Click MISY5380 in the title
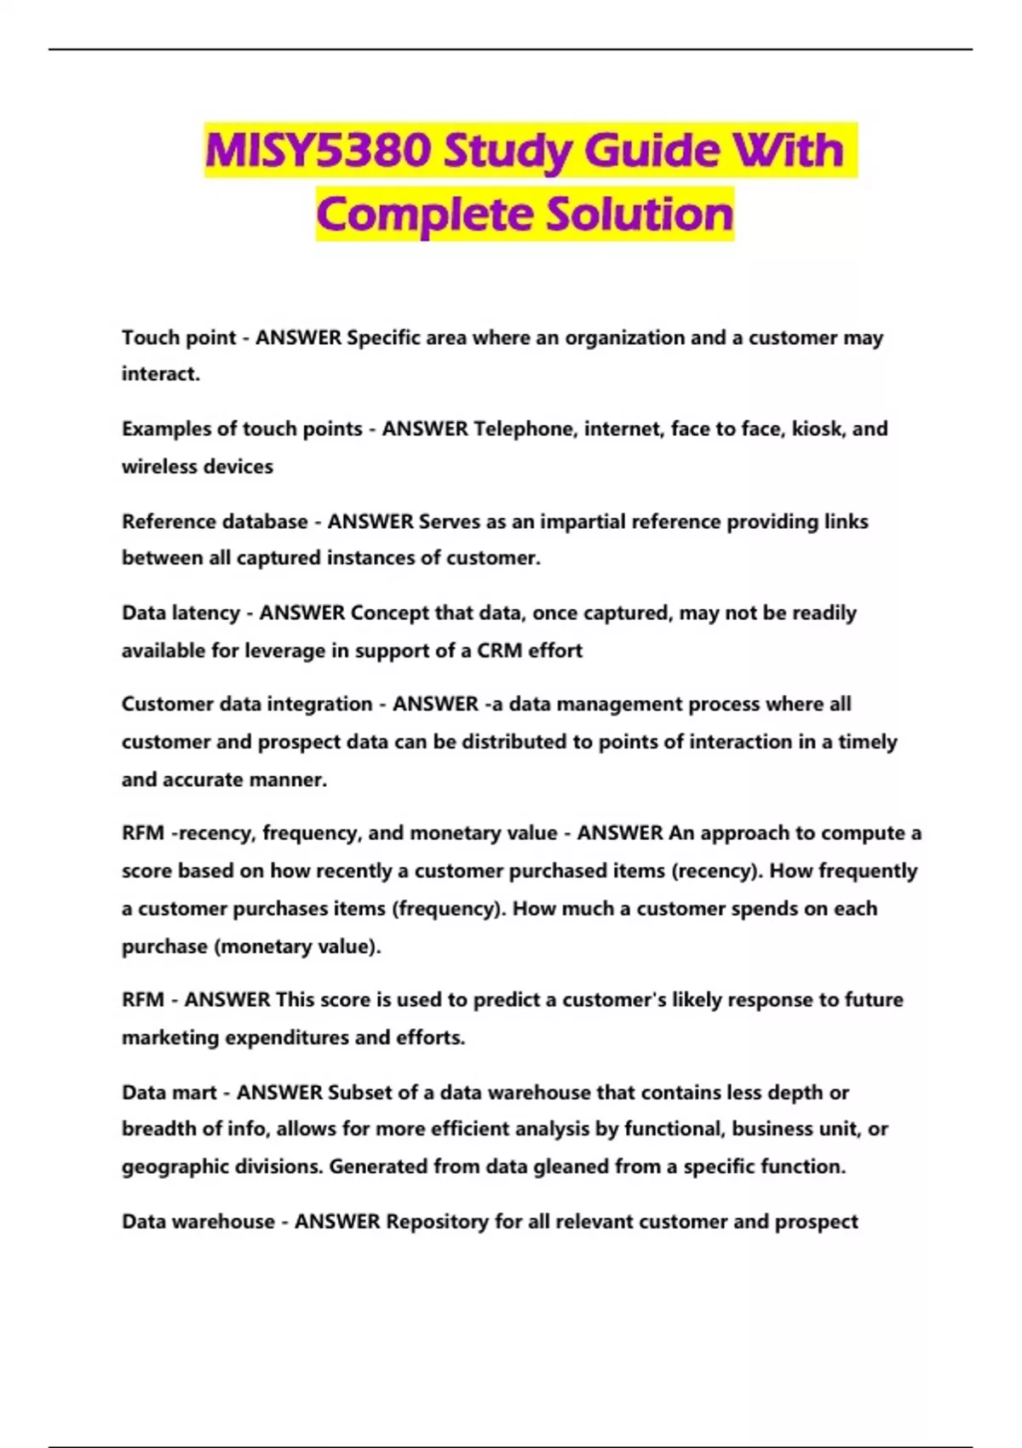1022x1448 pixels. pyautogui.click(x=318, y=151)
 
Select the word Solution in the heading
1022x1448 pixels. pyautogui.click(x=640, y=214)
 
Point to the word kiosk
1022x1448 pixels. pyautogui.click(x=818, y=428)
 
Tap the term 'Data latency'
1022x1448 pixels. pyautogui.click(x=181, y=612)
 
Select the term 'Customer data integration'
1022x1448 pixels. pyautogui.click(x=247, y=704)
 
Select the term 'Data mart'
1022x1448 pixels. pyautogui.click(x=169, y=1092)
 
